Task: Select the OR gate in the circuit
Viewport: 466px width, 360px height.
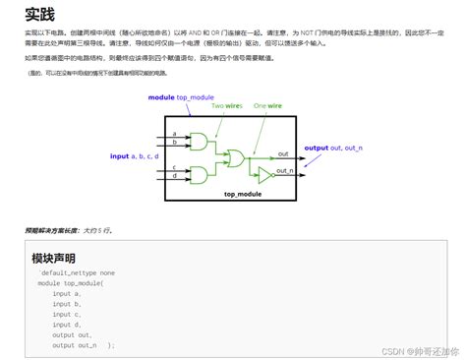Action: pos(237,158)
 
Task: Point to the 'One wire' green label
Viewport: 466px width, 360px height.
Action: pos(267,105)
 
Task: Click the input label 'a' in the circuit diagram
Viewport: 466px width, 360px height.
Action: pos(174,134)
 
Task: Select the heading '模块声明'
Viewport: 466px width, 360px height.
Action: pos(54,258)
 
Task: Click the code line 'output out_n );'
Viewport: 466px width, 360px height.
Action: pos(84,345)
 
